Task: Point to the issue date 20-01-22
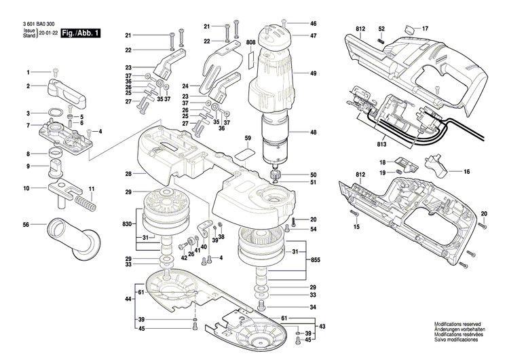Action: tap(48, 33)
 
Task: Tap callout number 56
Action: tap(26, 224)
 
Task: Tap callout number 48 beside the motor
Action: tap(314, 134)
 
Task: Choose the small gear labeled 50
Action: tap(277, 176)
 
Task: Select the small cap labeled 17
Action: tap(409, 29)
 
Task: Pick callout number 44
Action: tap(128, 299)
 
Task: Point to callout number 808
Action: tap(250, 42)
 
